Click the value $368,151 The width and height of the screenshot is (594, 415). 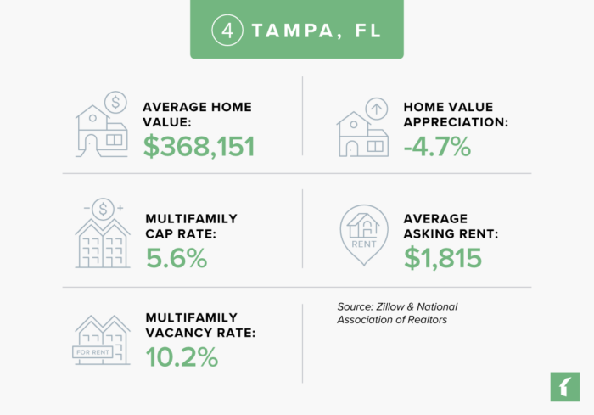click(199, 146)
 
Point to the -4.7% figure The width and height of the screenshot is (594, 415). click(437, 146)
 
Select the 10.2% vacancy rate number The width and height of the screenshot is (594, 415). click(181, 357)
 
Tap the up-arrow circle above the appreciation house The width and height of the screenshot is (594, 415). click(377, 109)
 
